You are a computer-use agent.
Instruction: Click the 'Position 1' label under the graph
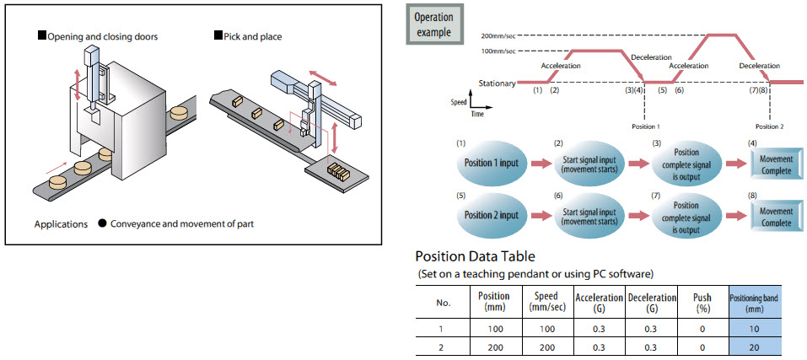click(645, 125)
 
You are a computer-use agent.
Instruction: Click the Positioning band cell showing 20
click(755, 347)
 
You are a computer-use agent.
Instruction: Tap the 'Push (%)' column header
click(702, 303)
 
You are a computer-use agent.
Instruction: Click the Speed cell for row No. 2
click(546, 347)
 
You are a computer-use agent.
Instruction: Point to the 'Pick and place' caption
click(252, 36)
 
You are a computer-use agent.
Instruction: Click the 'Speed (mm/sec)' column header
click(546, 303)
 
